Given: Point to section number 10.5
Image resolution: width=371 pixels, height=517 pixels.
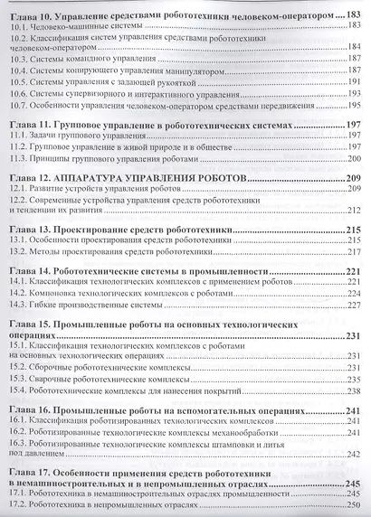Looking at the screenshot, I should [x=18, y=80].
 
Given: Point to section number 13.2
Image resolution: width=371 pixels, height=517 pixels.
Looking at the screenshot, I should [x=18, y=254].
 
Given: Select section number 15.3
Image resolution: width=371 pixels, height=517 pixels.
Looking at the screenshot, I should [x=18, y=381].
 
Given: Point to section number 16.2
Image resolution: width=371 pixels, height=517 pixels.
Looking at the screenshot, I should [x=18, y=432].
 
